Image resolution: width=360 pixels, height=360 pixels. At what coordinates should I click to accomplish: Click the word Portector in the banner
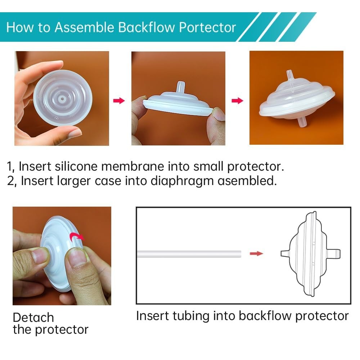[207, 27]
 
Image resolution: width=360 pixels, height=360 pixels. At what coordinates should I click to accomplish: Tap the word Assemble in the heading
[84, 27]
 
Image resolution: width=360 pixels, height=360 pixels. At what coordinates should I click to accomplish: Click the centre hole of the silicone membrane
[62, 99]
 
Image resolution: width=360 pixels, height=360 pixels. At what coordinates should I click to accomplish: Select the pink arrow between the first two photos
[119, 100]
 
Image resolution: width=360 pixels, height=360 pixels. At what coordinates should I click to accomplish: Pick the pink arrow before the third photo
[237, 100]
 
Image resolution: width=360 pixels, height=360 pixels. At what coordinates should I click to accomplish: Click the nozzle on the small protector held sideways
[181, 86]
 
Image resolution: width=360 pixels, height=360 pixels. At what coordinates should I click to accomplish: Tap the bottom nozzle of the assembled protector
[303, 122]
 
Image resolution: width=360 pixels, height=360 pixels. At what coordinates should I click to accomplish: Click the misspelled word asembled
[247, 181]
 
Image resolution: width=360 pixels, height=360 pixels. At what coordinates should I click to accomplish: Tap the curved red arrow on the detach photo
[77, 237]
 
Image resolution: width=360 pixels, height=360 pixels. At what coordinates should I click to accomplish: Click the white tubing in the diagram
[189, 254]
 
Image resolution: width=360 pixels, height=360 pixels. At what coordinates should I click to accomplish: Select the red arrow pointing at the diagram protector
[256, 253]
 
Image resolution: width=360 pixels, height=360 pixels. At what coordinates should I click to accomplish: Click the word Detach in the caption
[33, 318]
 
